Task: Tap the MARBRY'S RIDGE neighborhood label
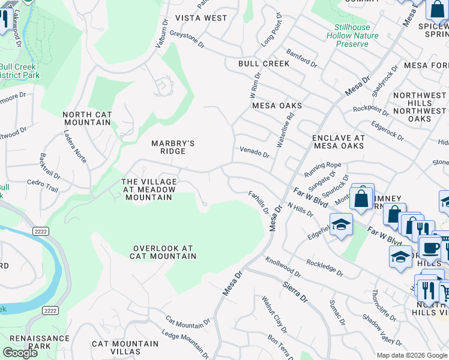[173, 147]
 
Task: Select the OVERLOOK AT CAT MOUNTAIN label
[164, 252]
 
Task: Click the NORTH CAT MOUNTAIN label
[87, 118]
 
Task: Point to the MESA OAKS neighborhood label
[277, 106]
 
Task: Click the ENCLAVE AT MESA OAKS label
[339, 142]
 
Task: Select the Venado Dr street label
[255, 151]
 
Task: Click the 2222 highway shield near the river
[50, 310]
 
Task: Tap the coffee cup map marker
[429, 248]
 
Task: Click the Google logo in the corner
[20, 353]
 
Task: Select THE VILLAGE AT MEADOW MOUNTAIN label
[149, 190]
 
